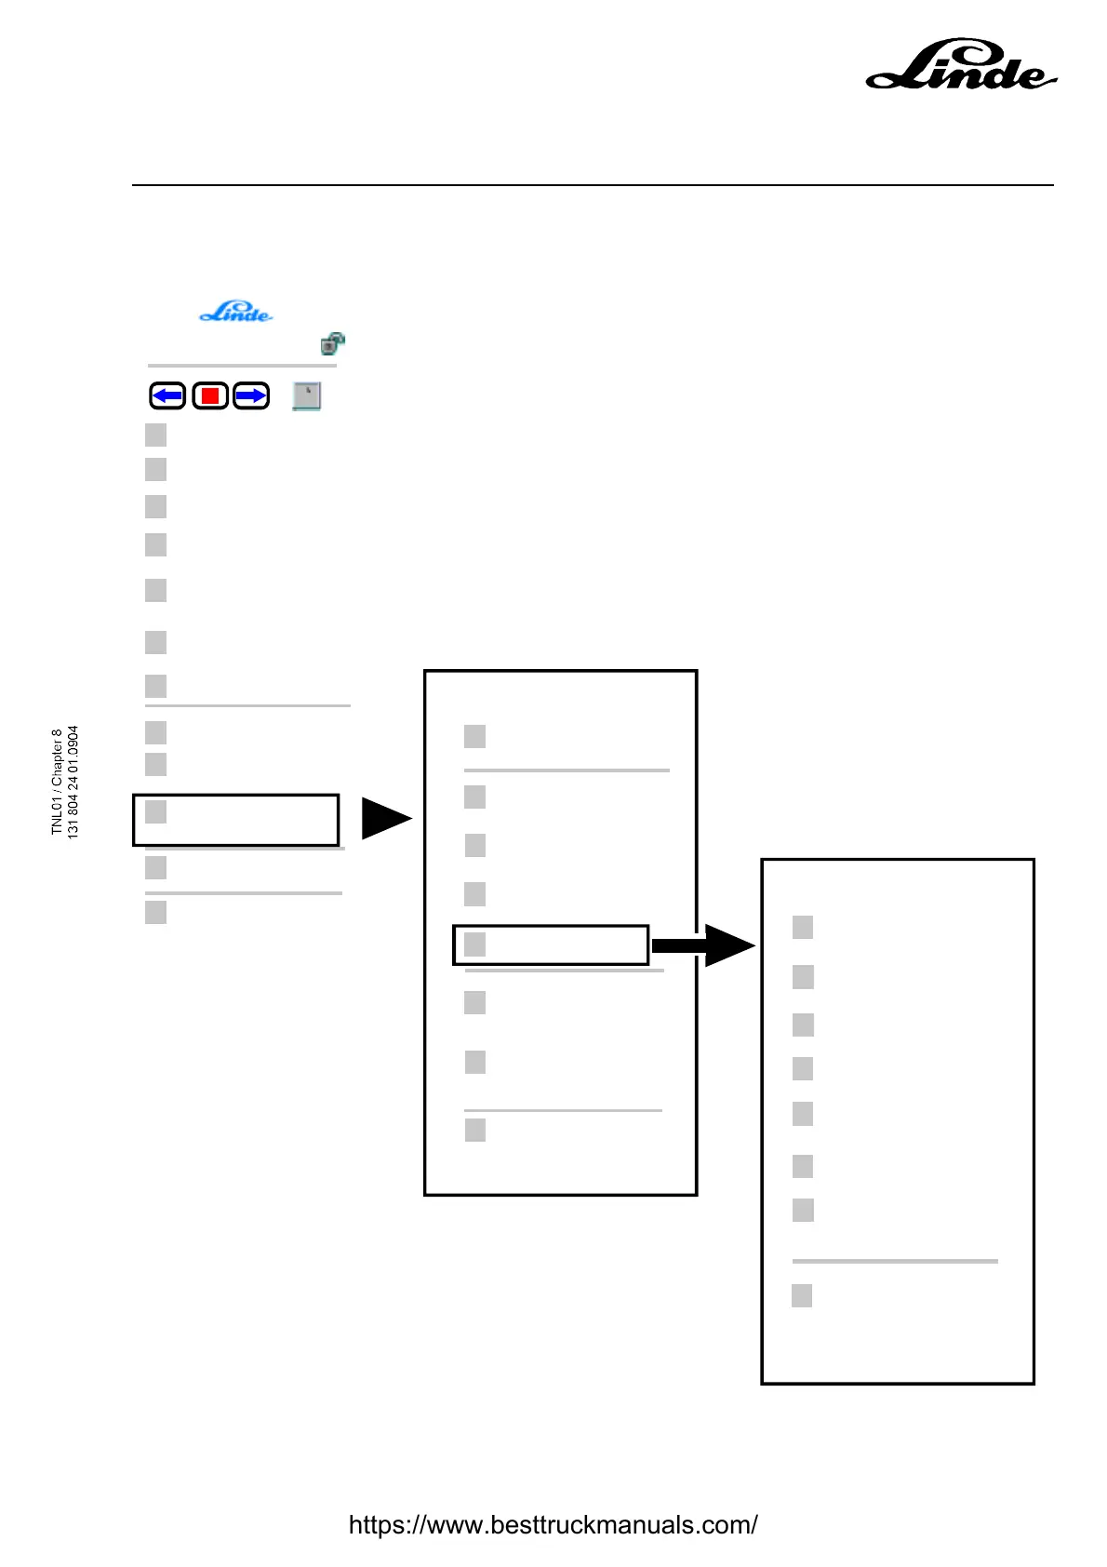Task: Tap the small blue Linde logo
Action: (236, 312)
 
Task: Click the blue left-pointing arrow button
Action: (167, 396)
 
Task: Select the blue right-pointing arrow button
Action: (251, 396)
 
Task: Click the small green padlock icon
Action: (332, 343)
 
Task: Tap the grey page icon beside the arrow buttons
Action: (306, 396)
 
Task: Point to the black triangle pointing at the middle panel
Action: (384, 819)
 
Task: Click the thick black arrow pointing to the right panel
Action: (702, 945)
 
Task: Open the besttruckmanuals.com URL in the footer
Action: (553, 1525)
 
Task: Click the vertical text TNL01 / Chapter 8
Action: (57, 782)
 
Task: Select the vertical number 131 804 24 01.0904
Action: (73, 782)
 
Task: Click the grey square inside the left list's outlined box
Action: (156, 811)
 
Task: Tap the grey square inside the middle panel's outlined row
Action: (474, 944)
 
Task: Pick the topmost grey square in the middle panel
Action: (474, 736)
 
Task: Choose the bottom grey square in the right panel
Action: (802, 1295)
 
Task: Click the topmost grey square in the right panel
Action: (803, 927)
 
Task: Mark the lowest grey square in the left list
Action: (156, 912)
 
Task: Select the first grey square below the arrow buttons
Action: (156, 435)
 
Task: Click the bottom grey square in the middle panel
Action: (474, 1130)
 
